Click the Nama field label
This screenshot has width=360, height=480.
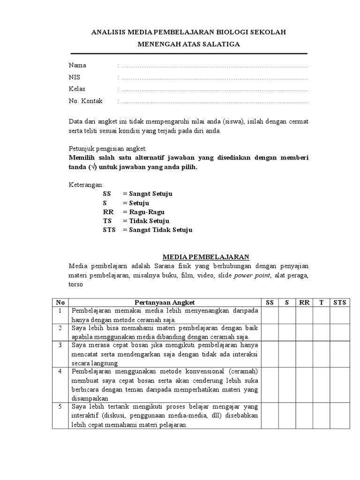coord(77,65)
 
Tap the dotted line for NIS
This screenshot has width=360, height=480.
coord(213,78)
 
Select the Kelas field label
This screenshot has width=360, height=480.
coord(77,89)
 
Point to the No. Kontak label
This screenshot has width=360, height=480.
coord(86,101)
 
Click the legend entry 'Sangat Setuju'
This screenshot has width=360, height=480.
coord(147,194)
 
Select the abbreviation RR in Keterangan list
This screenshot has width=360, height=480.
coord(108,212)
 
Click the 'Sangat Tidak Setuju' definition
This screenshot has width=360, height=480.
coord(157,230)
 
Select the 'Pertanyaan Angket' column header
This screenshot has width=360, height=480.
coord(165,302)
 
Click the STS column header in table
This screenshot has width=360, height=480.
coord(339,302)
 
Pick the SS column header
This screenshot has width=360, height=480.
coord(270,302)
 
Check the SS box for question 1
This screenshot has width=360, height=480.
coord(270,315)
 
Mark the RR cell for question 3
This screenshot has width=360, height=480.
coord(304,354)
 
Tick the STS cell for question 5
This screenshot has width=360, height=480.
coord(339,415)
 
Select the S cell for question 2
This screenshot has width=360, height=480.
coord(286,332)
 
